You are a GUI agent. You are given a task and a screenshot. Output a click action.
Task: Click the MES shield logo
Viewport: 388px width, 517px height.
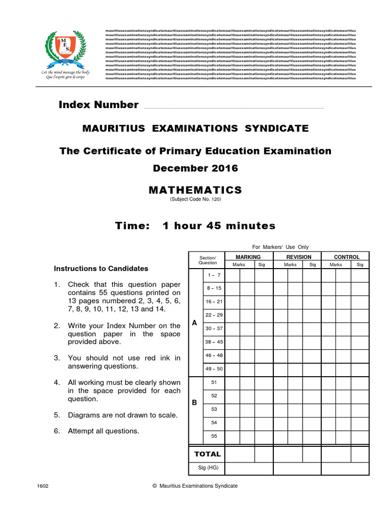tap(66, 47)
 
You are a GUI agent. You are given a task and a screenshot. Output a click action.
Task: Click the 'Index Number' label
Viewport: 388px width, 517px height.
tap(99, 105)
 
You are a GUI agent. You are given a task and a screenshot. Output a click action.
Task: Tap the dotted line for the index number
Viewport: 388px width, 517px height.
tap(233, 108)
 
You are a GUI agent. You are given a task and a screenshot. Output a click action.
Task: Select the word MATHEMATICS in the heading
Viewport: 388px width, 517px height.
tap(195, 190)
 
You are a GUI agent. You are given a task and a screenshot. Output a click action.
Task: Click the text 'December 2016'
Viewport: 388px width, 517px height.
tap(195, 168)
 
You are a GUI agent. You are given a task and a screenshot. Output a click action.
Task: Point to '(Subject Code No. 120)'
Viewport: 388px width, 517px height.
tap(195, 199)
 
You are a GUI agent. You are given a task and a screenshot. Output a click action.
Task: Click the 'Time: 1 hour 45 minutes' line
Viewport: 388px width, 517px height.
tap(195, 226)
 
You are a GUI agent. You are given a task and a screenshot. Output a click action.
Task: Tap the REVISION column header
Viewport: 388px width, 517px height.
tap(299, 257)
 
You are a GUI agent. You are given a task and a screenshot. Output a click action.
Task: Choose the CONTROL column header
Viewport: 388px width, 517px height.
tap(347, 257)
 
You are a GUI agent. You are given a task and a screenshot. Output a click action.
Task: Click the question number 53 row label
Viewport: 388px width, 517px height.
tap(214, 409)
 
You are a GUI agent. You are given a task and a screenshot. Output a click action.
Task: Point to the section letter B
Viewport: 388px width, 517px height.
tap(194, 403)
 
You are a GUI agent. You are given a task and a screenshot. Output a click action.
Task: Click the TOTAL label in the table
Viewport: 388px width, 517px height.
tap(208, 454)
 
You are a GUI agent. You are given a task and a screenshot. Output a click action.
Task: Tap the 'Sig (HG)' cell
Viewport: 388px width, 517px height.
tap(208, 468)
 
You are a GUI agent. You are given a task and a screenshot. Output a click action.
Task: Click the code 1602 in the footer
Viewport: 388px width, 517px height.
tap(43, 486)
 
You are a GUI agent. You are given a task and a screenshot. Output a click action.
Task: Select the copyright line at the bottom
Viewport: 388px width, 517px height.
tap(195, 486)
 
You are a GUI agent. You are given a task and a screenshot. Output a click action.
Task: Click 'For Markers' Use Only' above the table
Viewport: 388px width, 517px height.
tap(280, 247)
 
